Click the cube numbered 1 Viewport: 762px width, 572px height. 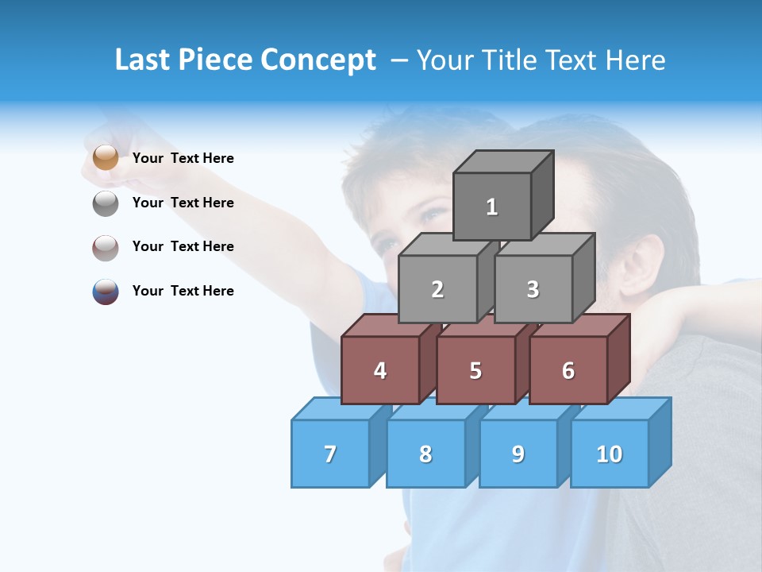pyautogui.click(x=492, y=207)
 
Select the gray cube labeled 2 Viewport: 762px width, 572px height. pyautogui.click(x=437, y=289)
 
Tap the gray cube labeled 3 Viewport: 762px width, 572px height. pyautogui.click(x=533, y=289)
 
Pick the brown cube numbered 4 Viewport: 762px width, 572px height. pyautogui.click(x=380, y=370)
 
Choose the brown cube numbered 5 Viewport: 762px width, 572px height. pyautogui.click(x=475, y=370)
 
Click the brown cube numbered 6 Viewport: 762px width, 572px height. pyautogui.click(x=568, y=370)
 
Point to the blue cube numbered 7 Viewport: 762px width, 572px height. pyautogui.click(x=330, y=454)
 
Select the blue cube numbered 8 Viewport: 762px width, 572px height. pyautogui.click(x=425, y=454)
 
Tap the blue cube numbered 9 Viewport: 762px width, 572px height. pyautogui.click(x=518, y=454)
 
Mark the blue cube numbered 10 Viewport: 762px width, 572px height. pyautogui.click(x=610, y=454)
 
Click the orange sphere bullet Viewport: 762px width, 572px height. pyautogui.click(x=105, y=158)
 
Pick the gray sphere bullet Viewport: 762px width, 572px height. pyautogui.click(x=105, y=203)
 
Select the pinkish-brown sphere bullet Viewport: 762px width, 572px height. pyautogui.click(x=105, y=247)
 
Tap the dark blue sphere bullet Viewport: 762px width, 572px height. pyautogui.click(x=105, y=292)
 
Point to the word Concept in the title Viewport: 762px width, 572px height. pyautogui.click(x=318, y=60)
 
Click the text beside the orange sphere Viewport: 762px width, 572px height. pyautogui.click(x=183, y=158)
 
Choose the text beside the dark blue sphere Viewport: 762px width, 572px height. pyautogui.click(x=183, y=291)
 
